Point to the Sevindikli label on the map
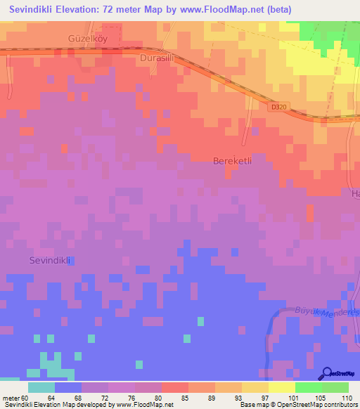(52, 260)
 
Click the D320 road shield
(279, 108)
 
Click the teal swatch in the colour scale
(41, 387)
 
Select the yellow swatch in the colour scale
(281, 387)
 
